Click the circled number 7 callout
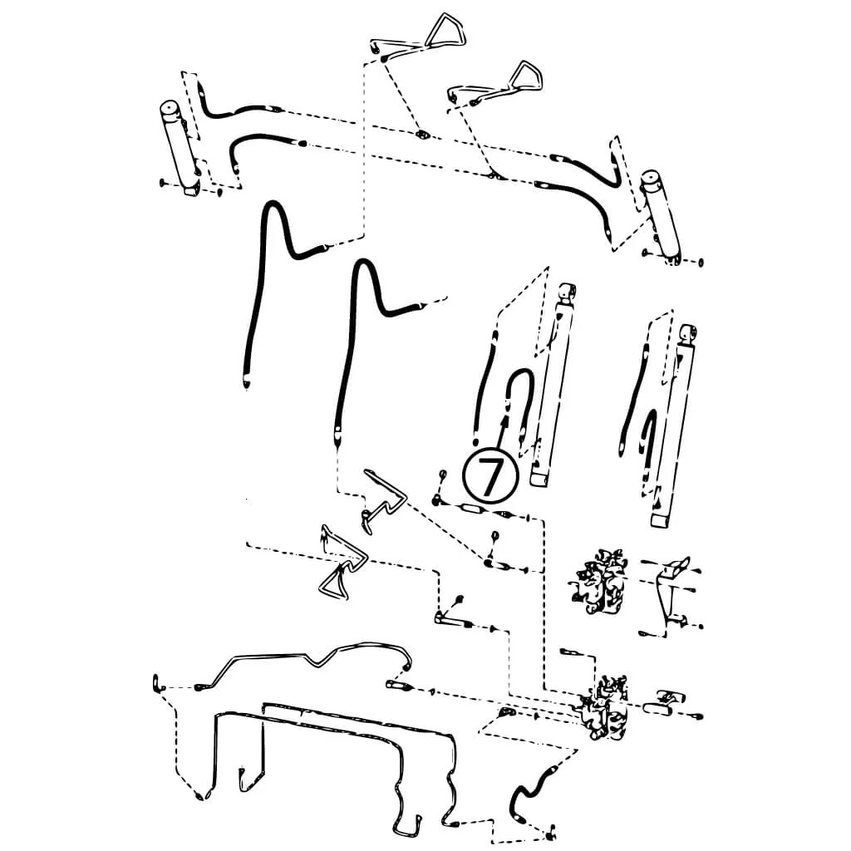click(x=490, y=475)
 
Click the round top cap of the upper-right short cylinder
click(x=652, y=179)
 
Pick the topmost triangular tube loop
click(x=445, y=31)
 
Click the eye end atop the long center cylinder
click(x=567, y=293)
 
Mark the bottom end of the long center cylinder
click(x=539, y=480)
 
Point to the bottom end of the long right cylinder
click(x=662, y=521)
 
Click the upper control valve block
click(x=600, y=582)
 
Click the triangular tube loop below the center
click(x=342, y=564)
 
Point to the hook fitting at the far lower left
click(x=157, y=683)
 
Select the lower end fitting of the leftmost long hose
click(x=246, y=382)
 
